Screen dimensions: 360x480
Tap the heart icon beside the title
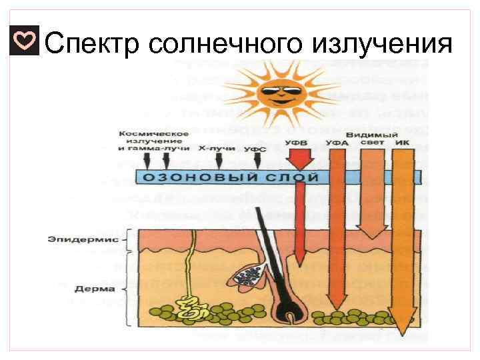pyautogui.click(x=25, y=41)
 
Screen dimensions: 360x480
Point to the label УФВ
pyautogui.click(x=295, y=142)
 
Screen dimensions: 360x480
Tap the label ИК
pyautogui.click(x=401, y=142)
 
